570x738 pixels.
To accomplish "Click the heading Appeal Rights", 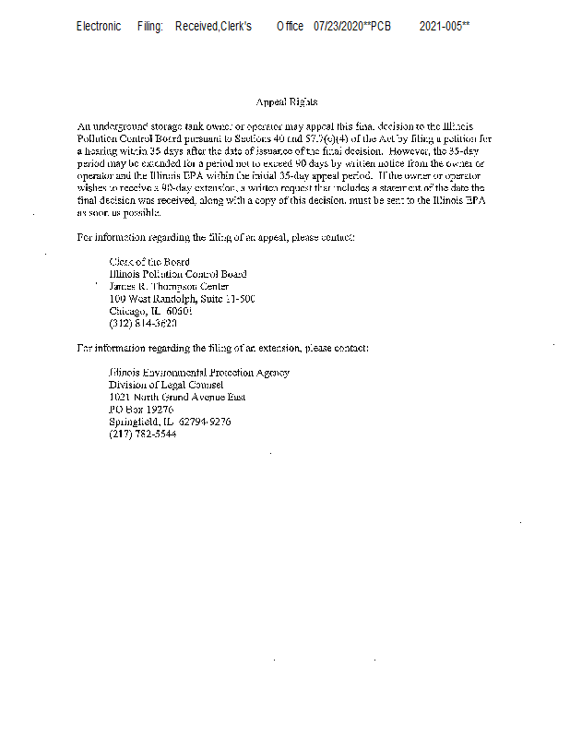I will pos(286,101).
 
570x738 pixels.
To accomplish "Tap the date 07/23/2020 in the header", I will pos(338,26).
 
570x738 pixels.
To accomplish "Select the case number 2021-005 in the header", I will pos(441,26).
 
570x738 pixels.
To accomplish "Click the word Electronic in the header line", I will pos(99,26).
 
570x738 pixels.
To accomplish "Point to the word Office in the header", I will pos(290,26).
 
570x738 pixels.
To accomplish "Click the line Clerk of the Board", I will pos(148,262).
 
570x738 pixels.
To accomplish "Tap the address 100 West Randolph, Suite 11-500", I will pos(182,299).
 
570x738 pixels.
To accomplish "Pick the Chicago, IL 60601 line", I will pos(150,311).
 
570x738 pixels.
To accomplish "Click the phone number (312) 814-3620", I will pos(143,324).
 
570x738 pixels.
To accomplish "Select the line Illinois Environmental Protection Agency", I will pos(198,373).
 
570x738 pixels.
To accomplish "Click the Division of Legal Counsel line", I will pos(165,385).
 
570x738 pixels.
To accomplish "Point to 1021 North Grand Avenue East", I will pos(176,398).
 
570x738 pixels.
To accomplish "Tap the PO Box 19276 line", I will pos(141,410).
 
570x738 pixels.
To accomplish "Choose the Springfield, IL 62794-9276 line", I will pos(170,422).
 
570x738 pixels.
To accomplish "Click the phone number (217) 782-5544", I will pos(143,434).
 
